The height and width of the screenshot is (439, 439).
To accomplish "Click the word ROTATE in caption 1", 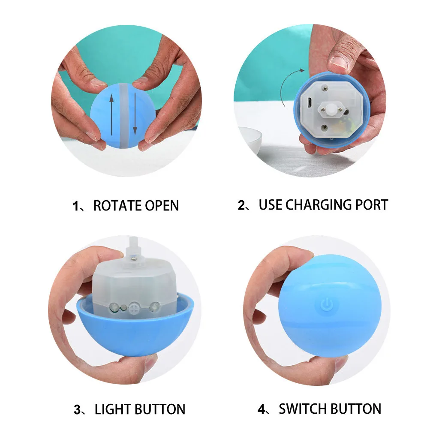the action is click(117, 205).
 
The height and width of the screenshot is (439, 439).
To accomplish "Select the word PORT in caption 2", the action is click(372, 204).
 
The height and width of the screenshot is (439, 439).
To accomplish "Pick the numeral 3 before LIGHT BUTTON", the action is click(77, 410).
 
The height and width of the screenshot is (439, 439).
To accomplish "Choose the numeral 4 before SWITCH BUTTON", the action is click(262, 409).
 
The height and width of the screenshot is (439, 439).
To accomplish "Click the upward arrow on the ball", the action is click(111, 114).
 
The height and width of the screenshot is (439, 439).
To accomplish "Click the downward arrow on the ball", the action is click(135, 113).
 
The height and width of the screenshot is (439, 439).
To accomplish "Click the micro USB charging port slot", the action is click(310, 102).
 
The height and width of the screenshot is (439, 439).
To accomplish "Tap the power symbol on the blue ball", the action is click(326, 304).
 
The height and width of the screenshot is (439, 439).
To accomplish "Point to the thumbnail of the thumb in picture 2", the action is click(339, 60).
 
